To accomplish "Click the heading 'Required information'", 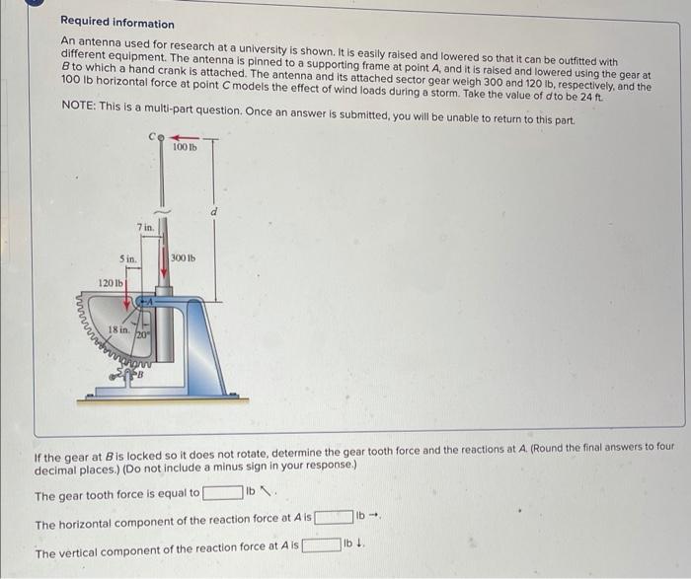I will click(116, 23).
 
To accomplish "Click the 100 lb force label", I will click(184, 147).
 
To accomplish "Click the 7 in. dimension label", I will click(146, 228).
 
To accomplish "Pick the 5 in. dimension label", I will click(126, 258).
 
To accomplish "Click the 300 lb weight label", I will click(184, 258).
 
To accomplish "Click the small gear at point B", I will click(131, 373).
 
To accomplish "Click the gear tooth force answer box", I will click(222, 493).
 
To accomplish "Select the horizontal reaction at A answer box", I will click(334, 517).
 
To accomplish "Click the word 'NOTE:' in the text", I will click(78, 106).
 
